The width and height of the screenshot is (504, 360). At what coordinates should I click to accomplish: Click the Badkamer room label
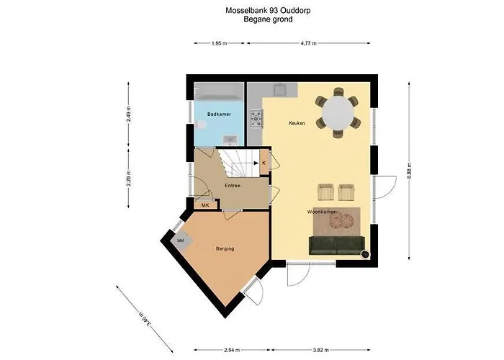(x=219, y=114)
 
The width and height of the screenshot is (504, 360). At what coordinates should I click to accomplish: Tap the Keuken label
(x=297, y=123)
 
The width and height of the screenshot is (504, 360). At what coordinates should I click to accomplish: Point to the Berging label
(x=225, y=248)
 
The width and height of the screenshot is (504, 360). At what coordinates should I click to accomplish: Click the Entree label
(x=233, y=186)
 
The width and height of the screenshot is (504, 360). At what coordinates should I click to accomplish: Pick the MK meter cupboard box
(x=205, y=205)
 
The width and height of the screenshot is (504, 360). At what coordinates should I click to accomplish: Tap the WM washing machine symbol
(x=181, y=240)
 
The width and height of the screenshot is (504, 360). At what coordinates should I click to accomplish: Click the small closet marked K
(x=264, y=163)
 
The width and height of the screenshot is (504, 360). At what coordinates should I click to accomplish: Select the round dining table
(x=338, y=113)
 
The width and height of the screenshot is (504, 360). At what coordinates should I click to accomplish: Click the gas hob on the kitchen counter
(x=256, y=119)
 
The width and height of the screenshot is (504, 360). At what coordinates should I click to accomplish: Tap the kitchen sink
(x=280, y=89)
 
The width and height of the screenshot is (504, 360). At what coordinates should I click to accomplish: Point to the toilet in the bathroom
(x=199, y=125)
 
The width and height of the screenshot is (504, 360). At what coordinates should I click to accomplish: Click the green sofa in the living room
(x=336, y=246)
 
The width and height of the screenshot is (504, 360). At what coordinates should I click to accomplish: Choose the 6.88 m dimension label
(x=409, y=171)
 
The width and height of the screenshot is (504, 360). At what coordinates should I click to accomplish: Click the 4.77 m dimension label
(x=309, y=43)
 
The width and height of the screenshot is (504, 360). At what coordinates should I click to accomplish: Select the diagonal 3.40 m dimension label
(x=145, y=318)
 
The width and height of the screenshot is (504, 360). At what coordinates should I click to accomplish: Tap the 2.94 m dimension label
(x=232, y=350)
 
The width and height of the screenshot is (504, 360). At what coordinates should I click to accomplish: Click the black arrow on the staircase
(x=256, y=163)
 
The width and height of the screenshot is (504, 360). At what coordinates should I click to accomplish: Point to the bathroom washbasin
(x=230, y=139)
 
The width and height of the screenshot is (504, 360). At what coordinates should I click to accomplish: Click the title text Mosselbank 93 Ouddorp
(x=268, y=11)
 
